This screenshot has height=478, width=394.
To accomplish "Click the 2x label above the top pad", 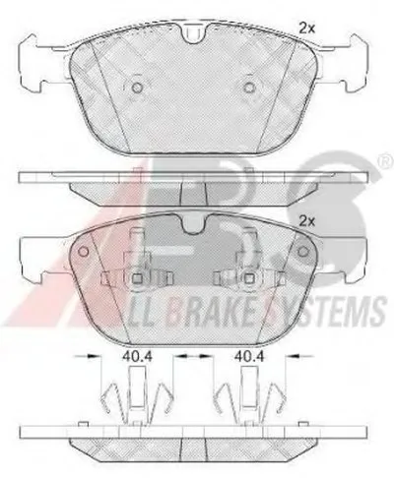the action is point(306,29).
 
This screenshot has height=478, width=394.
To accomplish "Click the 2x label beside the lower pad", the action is point(306,222).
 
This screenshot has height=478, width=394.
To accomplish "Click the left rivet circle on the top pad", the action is point(137,88).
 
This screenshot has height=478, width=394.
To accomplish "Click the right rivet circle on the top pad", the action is point(250,88).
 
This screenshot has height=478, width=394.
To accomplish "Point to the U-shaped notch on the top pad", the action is point(193,33).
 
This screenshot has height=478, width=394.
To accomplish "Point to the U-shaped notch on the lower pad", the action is point(193,223).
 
